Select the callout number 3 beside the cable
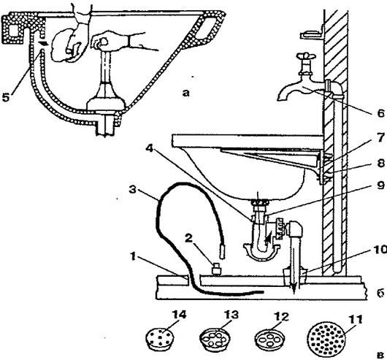tap(133, 191)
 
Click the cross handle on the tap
tap(307, 55)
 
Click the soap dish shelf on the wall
tap(312, 34)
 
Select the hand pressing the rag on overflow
tap(66, 47)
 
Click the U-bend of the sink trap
tap(262, 251)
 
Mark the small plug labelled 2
tap(217, 269)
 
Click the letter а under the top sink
tap(186, 93)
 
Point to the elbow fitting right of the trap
tap(295, 229)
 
